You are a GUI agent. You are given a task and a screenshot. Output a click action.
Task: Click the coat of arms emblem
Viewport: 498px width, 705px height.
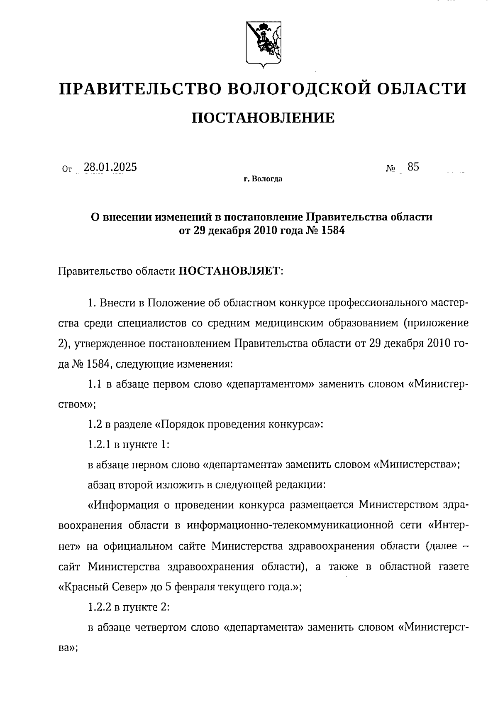pyautogui.click(x=264, y=44)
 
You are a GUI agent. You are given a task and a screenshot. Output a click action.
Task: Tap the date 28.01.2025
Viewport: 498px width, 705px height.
pyautogui.click(x=110, y=167)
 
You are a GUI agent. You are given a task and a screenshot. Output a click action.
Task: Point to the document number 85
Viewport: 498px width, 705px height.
pyautogui.click(x=413, y=167)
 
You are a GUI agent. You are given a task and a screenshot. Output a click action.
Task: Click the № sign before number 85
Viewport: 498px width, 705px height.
pyautogui.click(x=390, y=169)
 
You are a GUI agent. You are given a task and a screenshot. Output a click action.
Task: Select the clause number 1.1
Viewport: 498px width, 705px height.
pyautogui.click(x=95, y=384)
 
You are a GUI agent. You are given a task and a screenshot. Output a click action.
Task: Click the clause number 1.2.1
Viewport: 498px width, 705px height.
pyautogui.click(x=99, y=445)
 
